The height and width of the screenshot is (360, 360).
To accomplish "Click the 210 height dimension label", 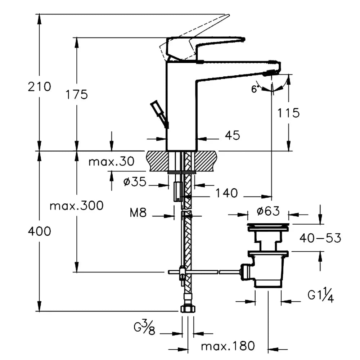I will pyautogui.click(x=40, y=87).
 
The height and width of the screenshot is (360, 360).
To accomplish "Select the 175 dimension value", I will pyautogui.click(x=76, y=95).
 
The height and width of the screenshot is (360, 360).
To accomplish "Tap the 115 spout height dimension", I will pyautogui.click(x=288, y=113).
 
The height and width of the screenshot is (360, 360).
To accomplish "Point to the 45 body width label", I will pyautogui.click(x=232, y=135).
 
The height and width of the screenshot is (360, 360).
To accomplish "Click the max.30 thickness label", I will pyautogui.click(x=112, y=162).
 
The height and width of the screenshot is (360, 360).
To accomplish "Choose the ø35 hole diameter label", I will pyautogui.click(x=135, y=182).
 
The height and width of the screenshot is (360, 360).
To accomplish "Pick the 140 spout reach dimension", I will pyautogui.click(x=227, y=193).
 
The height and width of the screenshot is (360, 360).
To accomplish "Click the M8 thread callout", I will pyautogui.click(x=138, y=213).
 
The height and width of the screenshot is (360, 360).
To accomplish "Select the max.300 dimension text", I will pyautogui.click(x=77, y=206).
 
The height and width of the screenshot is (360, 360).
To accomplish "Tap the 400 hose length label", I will pyautogui.click(x=40, y=231).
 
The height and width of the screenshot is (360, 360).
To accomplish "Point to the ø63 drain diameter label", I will pyautogui.click(x=269, y=211).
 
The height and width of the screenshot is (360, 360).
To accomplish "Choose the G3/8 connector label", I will pyautogui.click(x=144, y=329).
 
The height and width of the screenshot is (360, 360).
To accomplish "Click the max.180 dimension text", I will pyautogui.click(x=228, y=346).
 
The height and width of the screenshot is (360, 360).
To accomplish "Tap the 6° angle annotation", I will pyautogui.click(x=255, y=89).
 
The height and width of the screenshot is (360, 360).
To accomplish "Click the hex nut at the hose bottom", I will pyautogui.click(x=188, y=309).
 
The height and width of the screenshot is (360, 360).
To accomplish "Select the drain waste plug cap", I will pyautogui.click(x=268, y=227).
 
